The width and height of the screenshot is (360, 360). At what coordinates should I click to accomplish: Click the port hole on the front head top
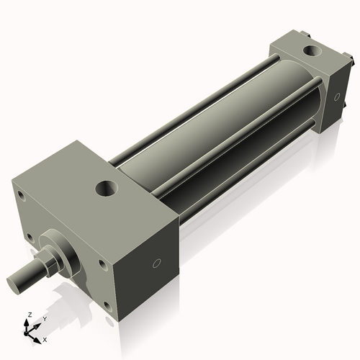point(106,189)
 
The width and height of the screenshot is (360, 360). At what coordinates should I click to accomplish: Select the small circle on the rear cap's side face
point(336,96)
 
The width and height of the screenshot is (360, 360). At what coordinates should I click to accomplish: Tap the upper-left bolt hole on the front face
point(22,194)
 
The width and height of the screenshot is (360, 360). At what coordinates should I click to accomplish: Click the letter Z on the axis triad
point(29,315)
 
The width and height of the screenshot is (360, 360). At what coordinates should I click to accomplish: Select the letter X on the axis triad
point(45,338)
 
